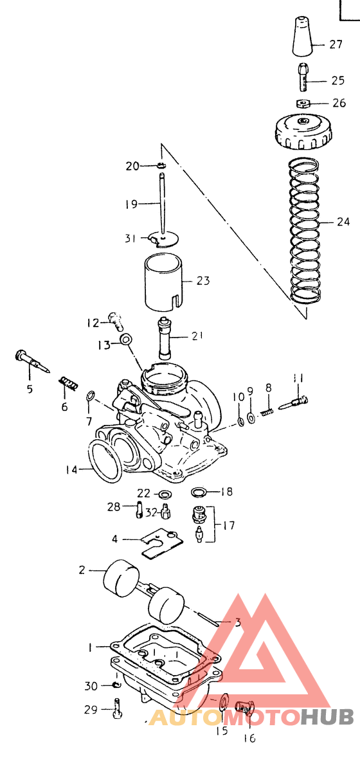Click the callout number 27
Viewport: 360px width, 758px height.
336,44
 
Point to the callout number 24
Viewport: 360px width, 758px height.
343,222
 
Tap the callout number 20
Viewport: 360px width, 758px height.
132,166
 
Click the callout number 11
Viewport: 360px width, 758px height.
298,377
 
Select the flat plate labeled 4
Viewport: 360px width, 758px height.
161,541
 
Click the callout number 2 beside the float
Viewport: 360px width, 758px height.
82,570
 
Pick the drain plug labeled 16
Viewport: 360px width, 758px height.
246,708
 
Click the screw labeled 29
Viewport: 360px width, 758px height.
116,709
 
